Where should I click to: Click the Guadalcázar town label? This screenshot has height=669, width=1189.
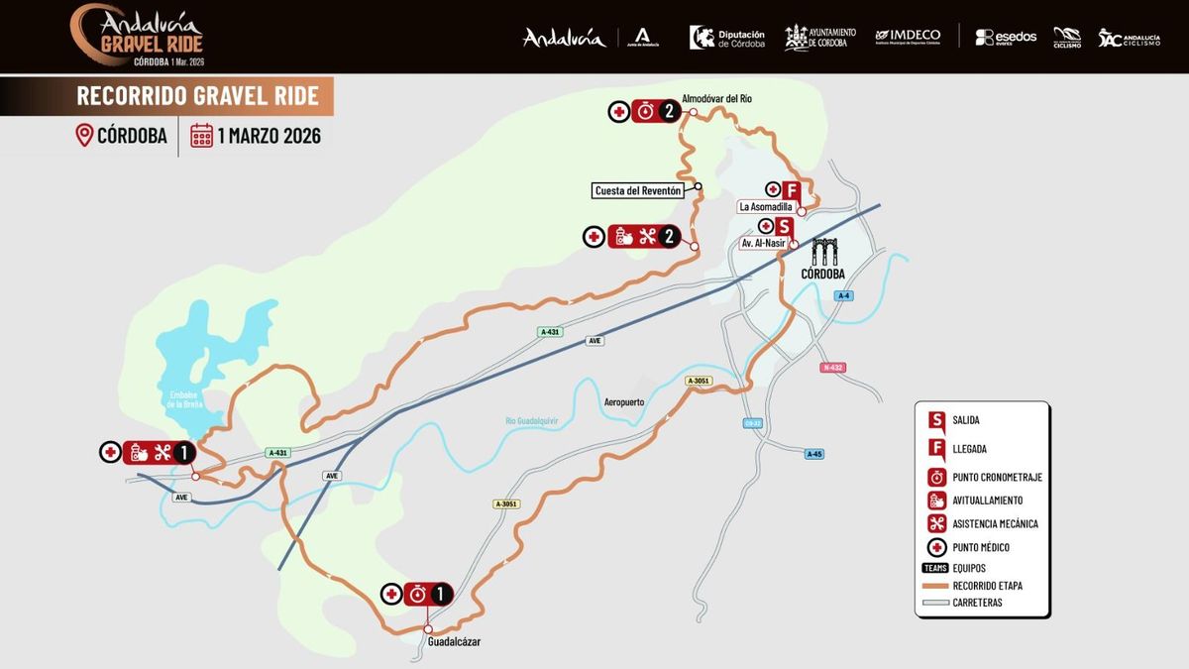(454, 642)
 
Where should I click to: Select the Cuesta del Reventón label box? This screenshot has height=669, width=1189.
(640, 190)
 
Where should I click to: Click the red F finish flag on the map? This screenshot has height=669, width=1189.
(791, 190)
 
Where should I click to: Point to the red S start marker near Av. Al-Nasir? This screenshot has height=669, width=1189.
(785, 227)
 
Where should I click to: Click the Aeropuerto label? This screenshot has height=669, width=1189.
(624, 402)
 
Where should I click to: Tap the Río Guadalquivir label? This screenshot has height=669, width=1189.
(532, 420)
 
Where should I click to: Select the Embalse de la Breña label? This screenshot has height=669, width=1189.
(185, 398)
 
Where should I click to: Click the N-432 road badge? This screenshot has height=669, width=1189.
(833, 368)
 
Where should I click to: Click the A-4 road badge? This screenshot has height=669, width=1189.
(843, 296)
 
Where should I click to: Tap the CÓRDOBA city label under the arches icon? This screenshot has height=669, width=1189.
(823, 274)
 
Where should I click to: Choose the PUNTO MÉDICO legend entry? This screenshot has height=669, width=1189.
(981, 547)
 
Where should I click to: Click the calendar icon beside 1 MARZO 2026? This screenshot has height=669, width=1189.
(202, 136)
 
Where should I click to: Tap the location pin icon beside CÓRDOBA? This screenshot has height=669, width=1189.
(84, 136)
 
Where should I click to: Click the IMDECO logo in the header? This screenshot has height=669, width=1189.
(908, 37)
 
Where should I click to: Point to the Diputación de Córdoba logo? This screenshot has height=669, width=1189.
(727, 37)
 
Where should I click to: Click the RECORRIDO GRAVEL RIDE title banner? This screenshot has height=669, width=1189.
(197, 95)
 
